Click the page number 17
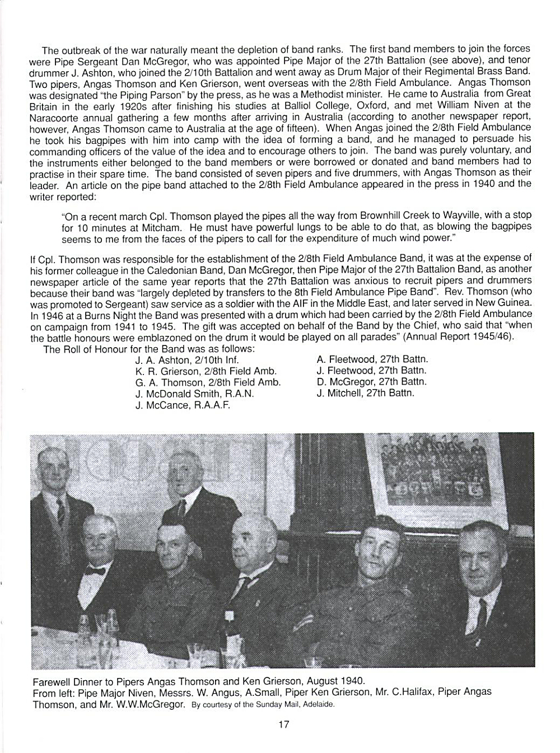click(x=283, y=724)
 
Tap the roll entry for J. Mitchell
click(x=365, y=393)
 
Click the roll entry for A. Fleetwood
click(x=372, y=359)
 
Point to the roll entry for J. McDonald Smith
click(x=194, y=394)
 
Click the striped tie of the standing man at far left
click(x=60, y=510)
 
